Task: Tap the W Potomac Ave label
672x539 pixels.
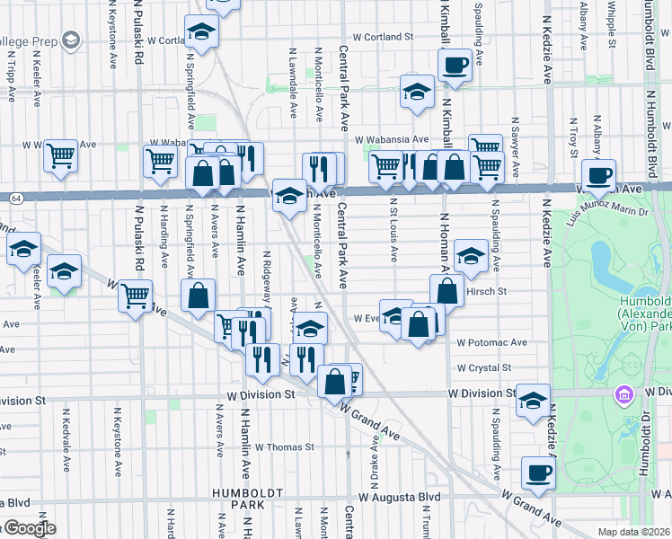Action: [491, 342]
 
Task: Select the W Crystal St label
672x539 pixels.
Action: [483, 367]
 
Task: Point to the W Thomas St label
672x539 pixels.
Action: [284, 446]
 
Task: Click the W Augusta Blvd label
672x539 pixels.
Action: [400, 496]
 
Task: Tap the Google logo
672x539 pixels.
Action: [29, 528]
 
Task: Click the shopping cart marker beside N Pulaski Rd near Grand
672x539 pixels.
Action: [135, 294]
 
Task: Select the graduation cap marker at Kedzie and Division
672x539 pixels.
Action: [533, 400]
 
